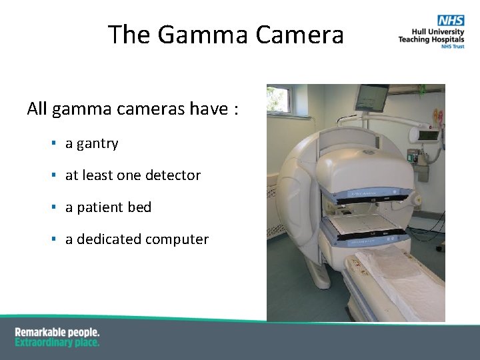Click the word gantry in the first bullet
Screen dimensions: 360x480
click(x=97, y=144)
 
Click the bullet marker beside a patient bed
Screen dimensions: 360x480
click(x=52, y=207)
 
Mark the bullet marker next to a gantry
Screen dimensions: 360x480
click(x=52, y=143)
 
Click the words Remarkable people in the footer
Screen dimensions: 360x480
click(x=57, y=332)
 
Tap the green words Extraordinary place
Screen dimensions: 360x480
click(x=57, y=343)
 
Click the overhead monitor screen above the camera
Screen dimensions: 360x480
click(x=371, y=97)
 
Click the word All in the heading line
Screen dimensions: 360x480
click(x=37, y=109)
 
